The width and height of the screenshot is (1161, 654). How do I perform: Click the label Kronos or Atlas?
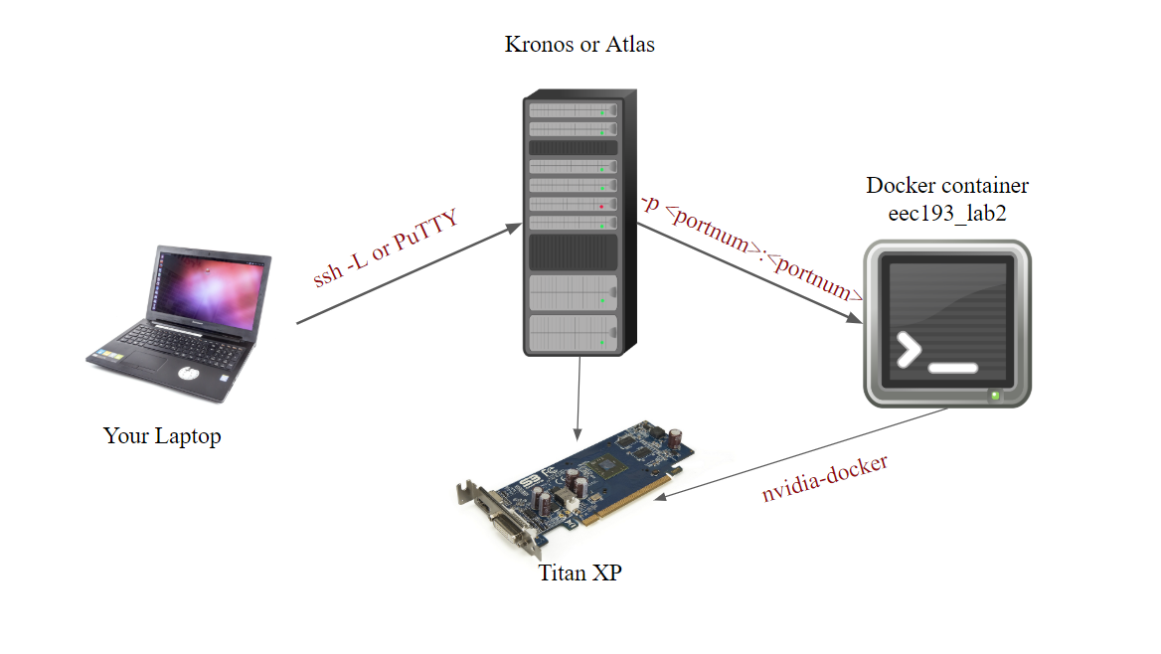(x=580, y=45)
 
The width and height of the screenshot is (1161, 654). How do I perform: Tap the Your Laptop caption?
(x=162, y=436)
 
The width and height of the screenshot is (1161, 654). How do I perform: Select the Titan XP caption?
(x=580, y=572)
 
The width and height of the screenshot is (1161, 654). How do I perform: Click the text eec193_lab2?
(x=947, y=212)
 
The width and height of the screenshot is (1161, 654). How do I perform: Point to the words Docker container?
(x=947, y=186)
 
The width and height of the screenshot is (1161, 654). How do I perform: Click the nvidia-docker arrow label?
(x=825, y=478)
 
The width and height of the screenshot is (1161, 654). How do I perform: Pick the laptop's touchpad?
(x=189, y=374)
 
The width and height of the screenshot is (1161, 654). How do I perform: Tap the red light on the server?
(x=601, y=206)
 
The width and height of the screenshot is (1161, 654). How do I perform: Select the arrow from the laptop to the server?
(x=408, y=274)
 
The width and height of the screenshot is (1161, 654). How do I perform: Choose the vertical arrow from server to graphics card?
(x=579, y=398)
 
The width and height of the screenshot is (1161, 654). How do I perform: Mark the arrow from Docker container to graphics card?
(x=805, y=452)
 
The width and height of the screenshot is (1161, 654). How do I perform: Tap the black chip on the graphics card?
(x=605, y=468)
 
